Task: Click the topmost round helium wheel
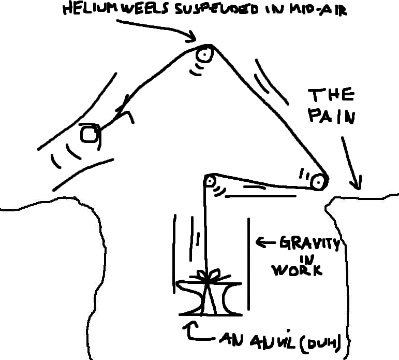pyautogui.click(x=204, y=54)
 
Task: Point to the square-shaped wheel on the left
pyautogui.click(x=89, y=134)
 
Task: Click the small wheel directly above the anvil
pyautogui.click(x=210, y=181)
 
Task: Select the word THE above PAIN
pyautogui.click(x=332, y=95)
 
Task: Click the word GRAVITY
pyautogui.click(x=309, y=243)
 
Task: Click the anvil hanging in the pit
pyautogui.click(x=209, y=298)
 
